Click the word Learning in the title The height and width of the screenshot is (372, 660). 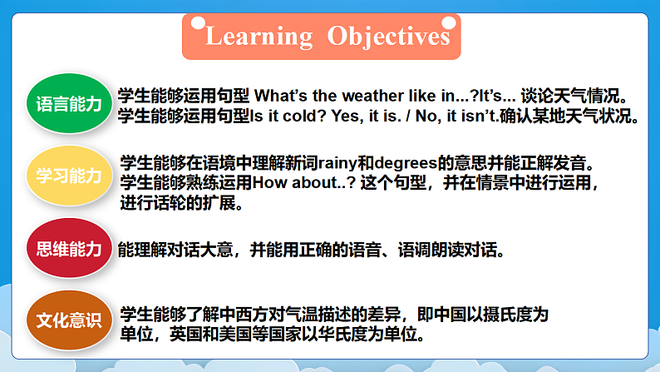(259, 37)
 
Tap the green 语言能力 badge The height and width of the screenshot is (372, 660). (68, 104)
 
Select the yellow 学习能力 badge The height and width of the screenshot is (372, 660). (68, 176)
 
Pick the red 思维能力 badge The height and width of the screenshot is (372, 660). (68, 249)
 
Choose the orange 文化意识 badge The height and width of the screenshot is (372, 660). (68, 320)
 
